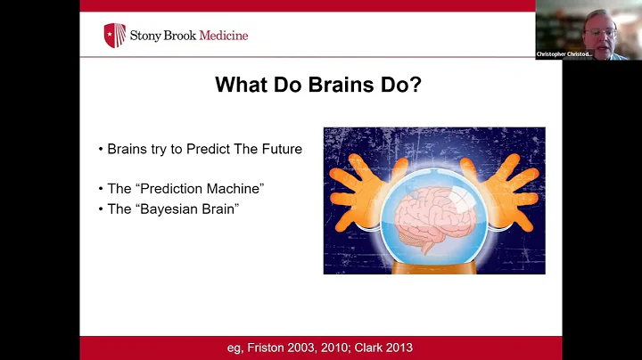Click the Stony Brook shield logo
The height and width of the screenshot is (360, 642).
[x=114, y=36]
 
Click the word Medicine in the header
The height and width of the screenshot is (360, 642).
[x=224, y=36]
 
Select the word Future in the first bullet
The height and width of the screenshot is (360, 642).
[x=281, y=149]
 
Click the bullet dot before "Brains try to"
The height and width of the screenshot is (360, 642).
[x=101, y=150]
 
